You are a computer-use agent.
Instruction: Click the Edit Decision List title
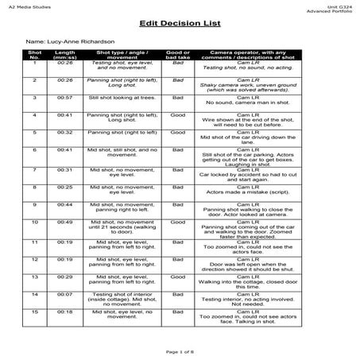(180, 23)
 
